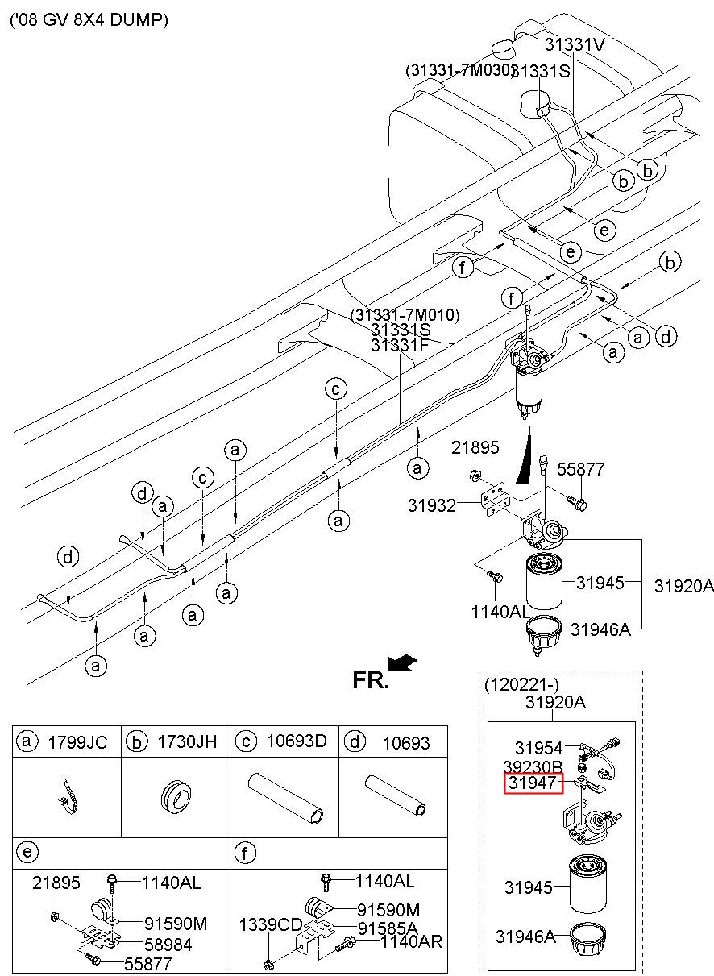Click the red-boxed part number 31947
coord(532,783)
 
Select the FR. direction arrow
coord(402,662)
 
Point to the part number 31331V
coord(574,45)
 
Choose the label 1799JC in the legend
coord(77,742)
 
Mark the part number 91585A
coord(388,928)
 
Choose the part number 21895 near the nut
coord(475,448)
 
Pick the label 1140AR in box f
coord(411,942)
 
